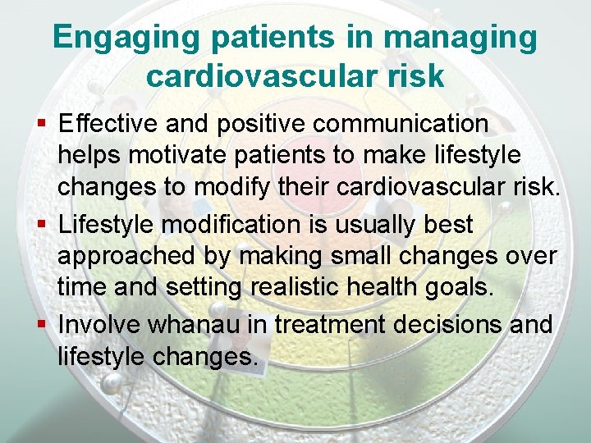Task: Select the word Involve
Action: (99, 324)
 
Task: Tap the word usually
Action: (388, 224)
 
